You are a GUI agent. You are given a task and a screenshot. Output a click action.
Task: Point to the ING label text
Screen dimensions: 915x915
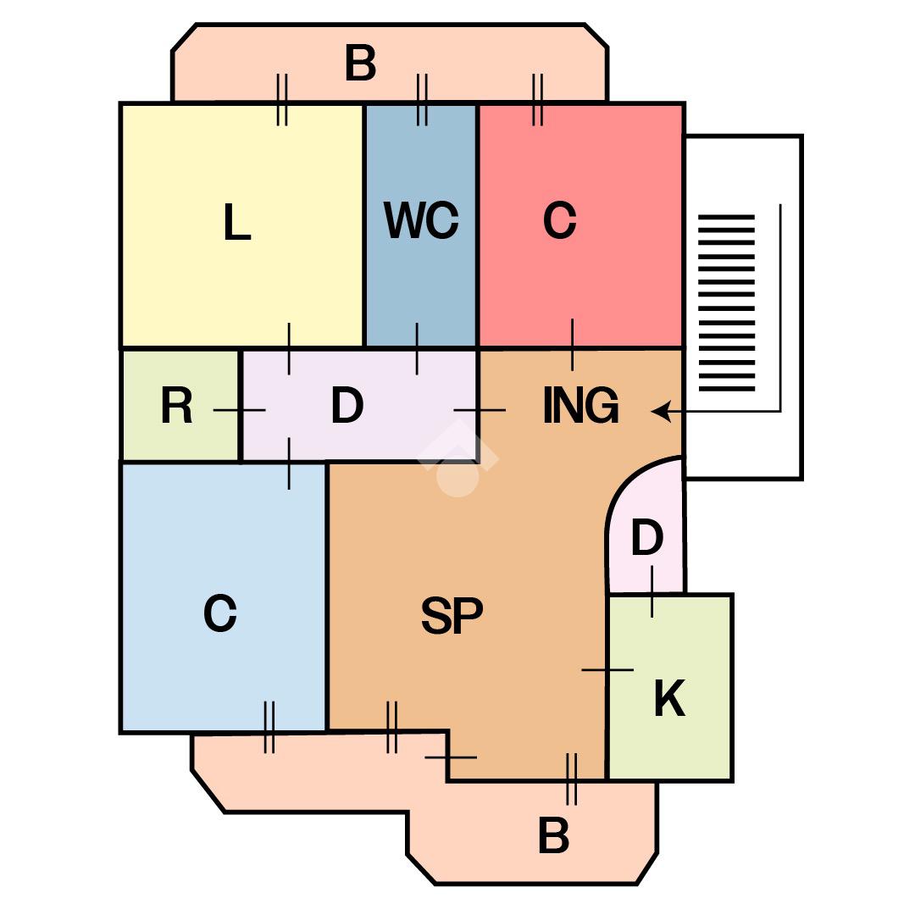(581, 406)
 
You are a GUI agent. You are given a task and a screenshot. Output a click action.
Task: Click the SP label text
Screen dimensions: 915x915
(452, 615)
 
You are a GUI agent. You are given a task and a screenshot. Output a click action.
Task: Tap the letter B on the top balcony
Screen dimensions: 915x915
(360, 64)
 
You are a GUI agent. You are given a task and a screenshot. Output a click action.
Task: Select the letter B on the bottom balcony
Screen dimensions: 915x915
(553, 836)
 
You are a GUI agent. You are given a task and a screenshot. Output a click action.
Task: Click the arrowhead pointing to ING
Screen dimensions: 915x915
(661, 411)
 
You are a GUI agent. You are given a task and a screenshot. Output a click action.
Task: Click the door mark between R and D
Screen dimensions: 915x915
(240, 410)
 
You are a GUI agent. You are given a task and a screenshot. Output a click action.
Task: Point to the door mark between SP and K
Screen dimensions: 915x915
(607, 670)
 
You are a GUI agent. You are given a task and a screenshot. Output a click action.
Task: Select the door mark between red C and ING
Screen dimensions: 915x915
(572, 345)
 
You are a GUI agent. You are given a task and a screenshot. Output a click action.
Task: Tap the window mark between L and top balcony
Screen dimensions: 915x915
(282, 100)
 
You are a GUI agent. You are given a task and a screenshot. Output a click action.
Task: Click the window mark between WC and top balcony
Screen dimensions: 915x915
(422, 100)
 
